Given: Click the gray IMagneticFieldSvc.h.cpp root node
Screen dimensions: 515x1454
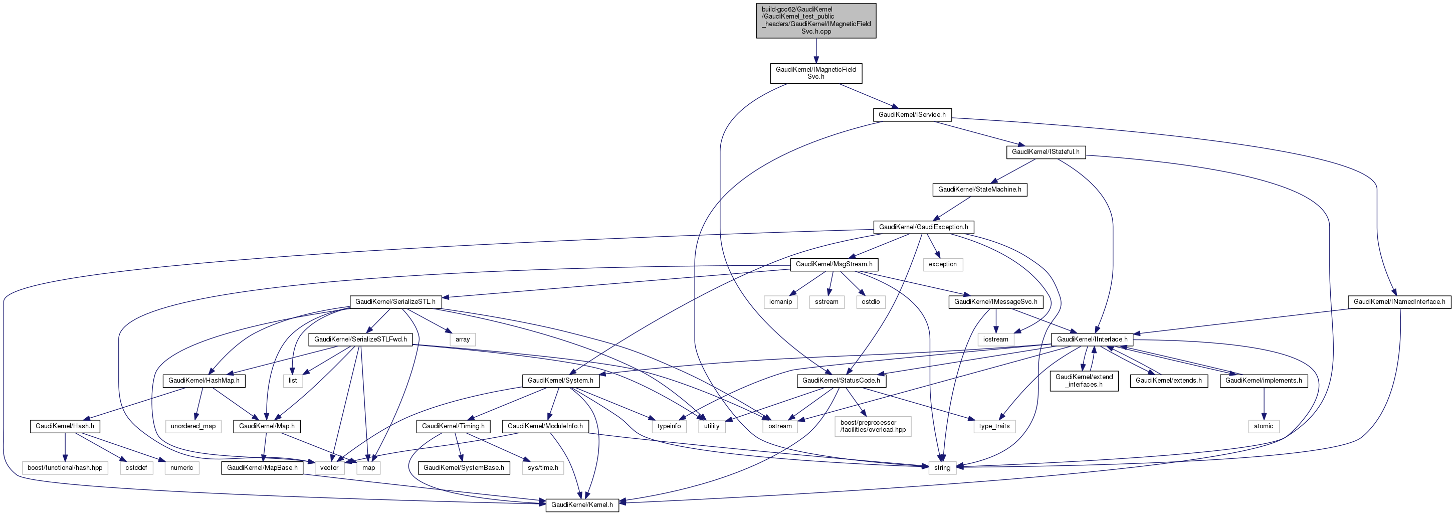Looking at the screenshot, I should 815,21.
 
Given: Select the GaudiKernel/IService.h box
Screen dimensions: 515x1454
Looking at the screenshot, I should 912,115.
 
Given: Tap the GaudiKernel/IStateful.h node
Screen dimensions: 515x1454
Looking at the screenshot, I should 1046,152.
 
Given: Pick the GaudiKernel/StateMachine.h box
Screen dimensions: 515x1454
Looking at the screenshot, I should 979,190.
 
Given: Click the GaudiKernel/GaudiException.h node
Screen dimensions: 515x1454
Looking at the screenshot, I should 923,227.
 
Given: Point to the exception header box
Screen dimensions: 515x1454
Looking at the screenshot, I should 943,264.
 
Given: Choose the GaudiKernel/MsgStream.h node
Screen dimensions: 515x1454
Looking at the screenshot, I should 834,264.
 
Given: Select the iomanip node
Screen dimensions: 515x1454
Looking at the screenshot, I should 780,302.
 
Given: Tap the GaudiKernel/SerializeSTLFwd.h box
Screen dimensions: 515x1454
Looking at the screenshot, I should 360,339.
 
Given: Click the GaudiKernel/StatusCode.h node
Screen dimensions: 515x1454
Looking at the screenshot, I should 841,381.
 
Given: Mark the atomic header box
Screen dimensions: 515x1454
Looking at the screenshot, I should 1263,426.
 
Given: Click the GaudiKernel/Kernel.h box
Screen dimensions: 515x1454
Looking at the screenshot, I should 581,505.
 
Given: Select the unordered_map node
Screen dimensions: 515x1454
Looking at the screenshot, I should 193,426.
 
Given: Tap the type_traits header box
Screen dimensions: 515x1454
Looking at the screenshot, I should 994,426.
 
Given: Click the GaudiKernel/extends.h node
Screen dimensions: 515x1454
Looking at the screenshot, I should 1168,381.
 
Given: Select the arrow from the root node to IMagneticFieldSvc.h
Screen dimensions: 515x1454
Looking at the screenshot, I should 815,51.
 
